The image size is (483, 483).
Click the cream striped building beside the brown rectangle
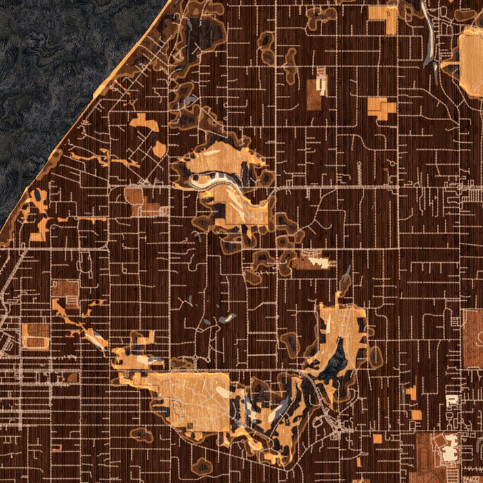click(x=322, y=83)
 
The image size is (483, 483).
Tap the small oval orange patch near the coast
click(x=159, y=148)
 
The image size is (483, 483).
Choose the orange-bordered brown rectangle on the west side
click(x=35, y=335)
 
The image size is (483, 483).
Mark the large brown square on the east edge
click(x=472, y=338)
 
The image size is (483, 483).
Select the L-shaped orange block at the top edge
click(x=384, y=17)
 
